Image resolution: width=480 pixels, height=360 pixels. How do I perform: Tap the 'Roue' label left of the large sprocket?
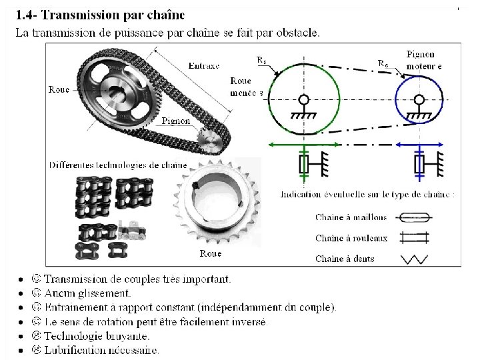[x=59, y=89]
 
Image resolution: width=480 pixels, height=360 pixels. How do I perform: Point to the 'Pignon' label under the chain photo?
[x=175, y=121]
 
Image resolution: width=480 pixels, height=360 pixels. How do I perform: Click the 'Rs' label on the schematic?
[x=262, y=59]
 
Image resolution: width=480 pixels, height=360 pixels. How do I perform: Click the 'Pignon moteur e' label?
[x=420, y=59]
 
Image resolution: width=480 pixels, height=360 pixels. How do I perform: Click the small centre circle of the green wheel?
[x=303, y=101]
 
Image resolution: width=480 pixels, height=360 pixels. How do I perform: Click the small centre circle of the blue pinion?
[x=419, y=101]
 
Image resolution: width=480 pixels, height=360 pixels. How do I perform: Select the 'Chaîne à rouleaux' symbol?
[x=413, y=237]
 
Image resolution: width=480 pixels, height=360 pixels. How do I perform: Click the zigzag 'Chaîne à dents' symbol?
[x=413, y=259]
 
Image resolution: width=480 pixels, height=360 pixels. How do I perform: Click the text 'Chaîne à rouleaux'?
[x=351, y=238]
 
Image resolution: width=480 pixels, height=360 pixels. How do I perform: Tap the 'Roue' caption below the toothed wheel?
[x=211, y=253]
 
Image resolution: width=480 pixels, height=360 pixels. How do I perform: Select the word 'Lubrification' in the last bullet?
[x=72, y=350]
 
